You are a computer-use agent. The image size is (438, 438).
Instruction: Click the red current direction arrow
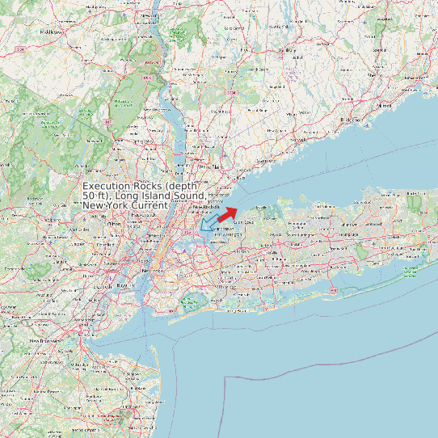[x=227, y=213]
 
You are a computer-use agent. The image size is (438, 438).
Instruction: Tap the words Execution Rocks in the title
[x=122, y=186]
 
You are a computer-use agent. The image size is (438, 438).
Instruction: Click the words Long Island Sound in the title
[x=158, y=196]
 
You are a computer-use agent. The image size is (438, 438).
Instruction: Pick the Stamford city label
[x=267, y=162]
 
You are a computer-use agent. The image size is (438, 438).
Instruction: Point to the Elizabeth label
[x=103, y=285]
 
